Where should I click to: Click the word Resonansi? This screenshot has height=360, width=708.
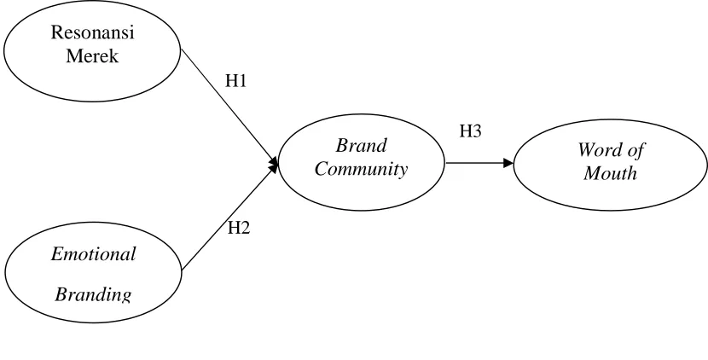pos(93,32)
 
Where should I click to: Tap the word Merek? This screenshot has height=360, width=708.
pos(93,55)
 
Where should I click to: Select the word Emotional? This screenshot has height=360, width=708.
pos(94,254)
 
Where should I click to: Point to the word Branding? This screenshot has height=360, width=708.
pos(94,294)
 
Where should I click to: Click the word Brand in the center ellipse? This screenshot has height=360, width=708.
pos(361,145)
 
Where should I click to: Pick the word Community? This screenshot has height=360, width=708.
pos(361,169)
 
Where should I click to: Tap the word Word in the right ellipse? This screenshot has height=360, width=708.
pos(599,149)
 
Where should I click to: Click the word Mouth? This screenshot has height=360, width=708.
pos(610,173)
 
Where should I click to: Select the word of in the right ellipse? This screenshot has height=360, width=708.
pos(635,149)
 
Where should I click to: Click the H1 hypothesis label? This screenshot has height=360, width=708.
pos(235,81)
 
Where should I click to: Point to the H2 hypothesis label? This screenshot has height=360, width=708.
pos(239,228)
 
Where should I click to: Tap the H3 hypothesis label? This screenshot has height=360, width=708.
pos(471,131)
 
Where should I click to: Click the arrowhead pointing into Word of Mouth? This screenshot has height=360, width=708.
pos(508,163)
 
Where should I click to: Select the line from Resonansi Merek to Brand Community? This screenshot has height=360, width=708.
pos(229,107)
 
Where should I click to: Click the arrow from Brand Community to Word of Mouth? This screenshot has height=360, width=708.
pos(479,163)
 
